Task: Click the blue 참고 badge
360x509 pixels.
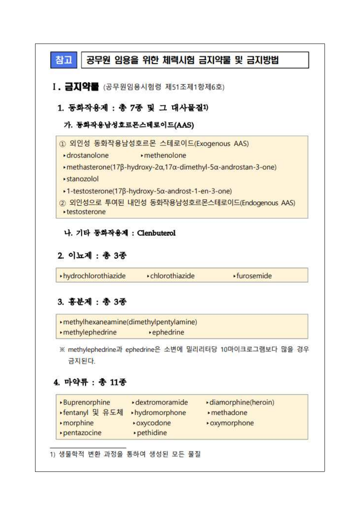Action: point(64,60)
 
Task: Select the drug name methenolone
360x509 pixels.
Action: point(165,155)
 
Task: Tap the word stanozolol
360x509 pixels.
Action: point(82,179)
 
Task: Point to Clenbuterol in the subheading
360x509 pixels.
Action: point(156,233)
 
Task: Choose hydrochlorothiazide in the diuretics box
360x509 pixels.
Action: point(94,276)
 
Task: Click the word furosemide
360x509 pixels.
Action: point(254,276)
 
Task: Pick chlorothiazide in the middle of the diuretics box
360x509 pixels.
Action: point(172,276)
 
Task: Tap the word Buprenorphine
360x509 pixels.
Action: point(86,402)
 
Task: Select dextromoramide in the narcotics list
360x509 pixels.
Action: point(161,402)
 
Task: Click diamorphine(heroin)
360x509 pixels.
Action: point(241,402)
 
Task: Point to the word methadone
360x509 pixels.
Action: point(229,413)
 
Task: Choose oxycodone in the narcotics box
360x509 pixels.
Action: point(153,423)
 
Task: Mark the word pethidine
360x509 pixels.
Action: point(152,433)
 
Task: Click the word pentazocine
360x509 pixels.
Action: point(82,433)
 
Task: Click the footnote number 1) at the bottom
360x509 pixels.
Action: point(52,455)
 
